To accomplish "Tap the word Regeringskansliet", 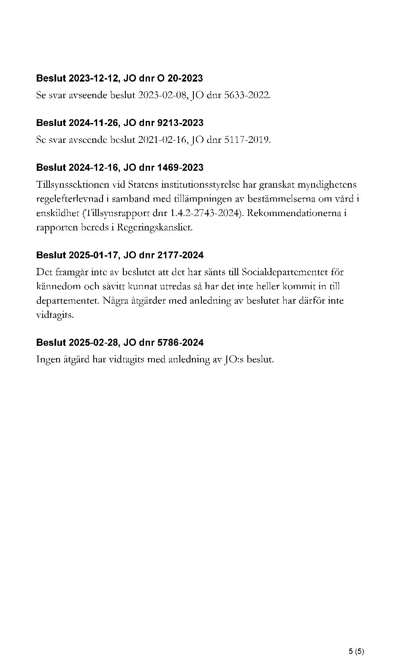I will point(154,227).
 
